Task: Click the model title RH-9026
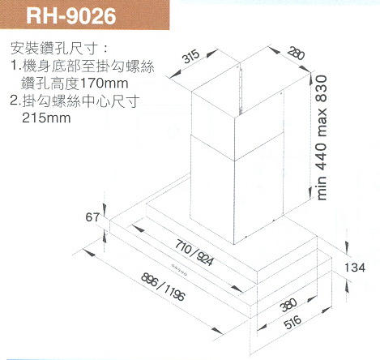click(71, 15)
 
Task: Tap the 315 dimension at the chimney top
click(191, 57)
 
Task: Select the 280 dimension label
click(296, 54)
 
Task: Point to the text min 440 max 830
click(322, 138)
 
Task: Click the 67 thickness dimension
click(92, 217)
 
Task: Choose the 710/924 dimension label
click(194, 252)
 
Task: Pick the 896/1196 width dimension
click(164, 287)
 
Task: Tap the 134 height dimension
click(355, 268)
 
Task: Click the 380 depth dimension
click(288, 305)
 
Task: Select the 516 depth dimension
click(292, 322)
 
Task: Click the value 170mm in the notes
click(104, 84)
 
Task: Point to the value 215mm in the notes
click(46, 118)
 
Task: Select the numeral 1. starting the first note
click(16, 66)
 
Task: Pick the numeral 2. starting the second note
click(15, 101)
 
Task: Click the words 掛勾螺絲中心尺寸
click(81, 101)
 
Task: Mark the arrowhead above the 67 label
click(105, 208)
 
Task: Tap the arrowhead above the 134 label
click(347, 247)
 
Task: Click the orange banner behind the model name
click(85, 15)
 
